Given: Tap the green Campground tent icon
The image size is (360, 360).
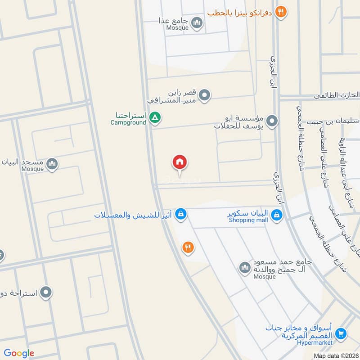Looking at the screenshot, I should pyautogui.click(x=155, y=118).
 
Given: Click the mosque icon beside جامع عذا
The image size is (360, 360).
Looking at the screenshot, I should pyautogui.click(x=197, y=22).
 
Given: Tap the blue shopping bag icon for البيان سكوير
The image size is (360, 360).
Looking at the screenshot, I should pyautogui.click(x=278, y=216).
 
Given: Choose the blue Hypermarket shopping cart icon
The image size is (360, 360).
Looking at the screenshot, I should pyautogui.click(x=341, y=333).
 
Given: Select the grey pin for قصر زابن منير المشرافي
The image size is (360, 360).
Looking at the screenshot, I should pyautogui.click(x=205, y=95).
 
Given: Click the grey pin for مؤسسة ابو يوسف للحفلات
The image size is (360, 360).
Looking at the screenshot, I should pyautogui.click(x=272, y=121).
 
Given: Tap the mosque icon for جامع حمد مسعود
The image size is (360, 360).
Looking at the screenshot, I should pyautogui.click(x=245, y=268).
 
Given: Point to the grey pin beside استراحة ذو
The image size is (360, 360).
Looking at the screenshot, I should pyautogui.click(x=46, y=293).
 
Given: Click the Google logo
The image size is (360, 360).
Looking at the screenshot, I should pyautogui.click(x=19, y=353).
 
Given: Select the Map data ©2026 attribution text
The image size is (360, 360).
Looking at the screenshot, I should pyautogui.click(x=335, y=355).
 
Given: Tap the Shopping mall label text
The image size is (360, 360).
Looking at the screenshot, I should pyautogui.click(x=248, y=220).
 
